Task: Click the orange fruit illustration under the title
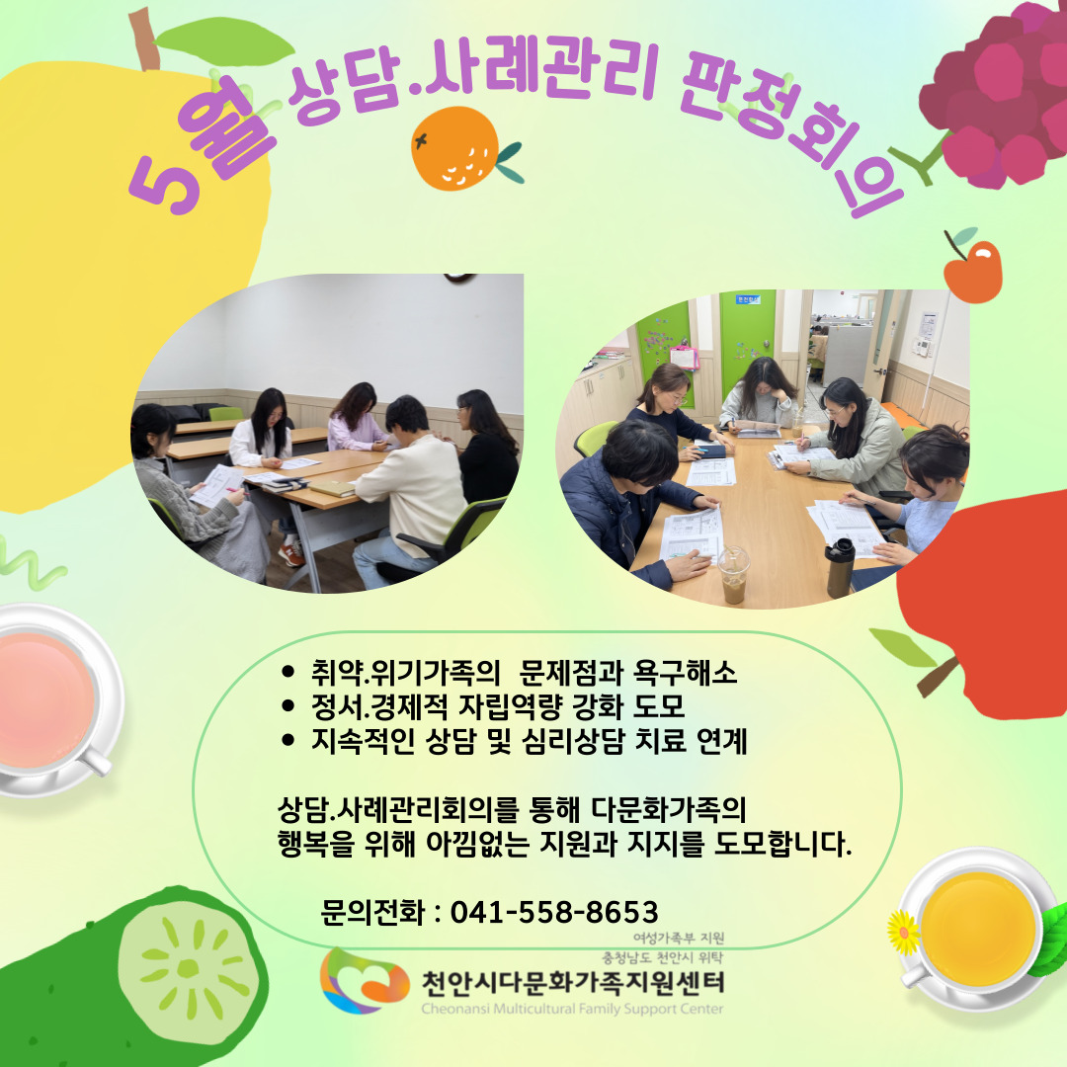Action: (455, 148)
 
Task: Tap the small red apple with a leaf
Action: (973, 269)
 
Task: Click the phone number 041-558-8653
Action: (554, 912)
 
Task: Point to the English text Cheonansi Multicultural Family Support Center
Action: (572, 1009)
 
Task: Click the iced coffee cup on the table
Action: (733, 575)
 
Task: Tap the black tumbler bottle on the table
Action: (841, 568)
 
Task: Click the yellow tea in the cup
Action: (978, 928)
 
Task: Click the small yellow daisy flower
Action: (904, 933)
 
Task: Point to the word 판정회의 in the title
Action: (789, 129)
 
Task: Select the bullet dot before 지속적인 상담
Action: (287, 740)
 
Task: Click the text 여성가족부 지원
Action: (679, 938)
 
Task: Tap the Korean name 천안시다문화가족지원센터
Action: (573, 982)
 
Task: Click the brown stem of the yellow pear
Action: (144, 39)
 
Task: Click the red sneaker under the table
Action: (291, 554)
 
